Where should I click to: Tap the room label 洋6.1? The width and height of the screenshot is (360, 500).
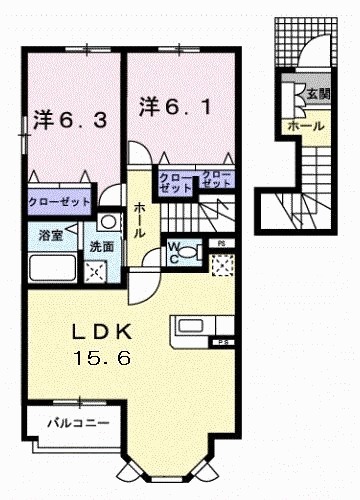[x=171, y=105]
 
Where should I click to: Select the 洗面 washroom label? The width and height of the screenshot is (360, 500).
[x=101, y=246]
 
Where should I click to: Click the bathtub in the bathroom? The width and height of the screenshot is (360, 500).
[x=53, y=268]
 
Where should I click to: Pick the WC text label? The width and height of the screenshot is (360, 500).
[x=171, y=250]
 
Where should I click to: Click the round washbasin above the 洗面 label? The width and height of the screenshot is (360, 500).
[x=106, y=221]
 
